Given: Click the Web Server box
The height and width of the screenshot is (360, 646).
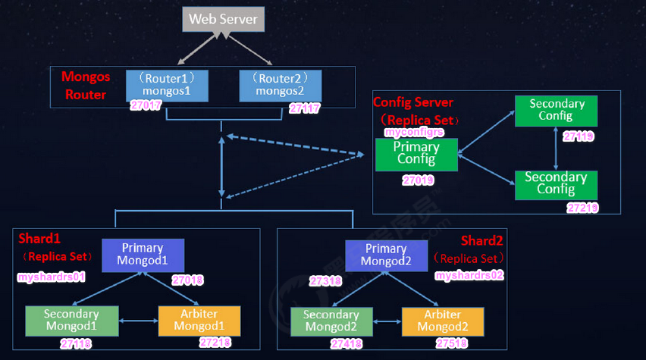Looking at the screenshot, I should pyautogui.click(x=223, y=19).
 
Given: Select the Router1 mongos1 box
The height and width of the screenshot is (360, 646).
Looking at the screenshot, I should pyautogui.click(x=160, y=85).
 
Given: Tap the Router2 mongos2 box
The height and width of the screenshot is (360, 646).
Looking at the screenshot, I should pyautogui.click(x=280, y=85).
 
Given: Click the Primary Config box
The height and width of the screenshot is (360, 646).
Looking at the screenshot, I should pyautogui.click(x=416, y=154).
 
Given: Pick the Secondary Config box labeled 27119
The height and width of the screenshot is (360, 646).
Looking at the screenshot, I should pyautogui.click(x=556, y=111).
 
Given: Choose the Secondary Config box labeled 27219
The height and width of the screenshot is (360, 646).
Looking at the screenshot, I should pyautogui.click(x=556, y=183).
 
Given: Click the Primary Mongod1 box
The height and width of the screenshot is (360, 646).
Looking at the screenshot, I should pyautogui.click(x=143, y=255).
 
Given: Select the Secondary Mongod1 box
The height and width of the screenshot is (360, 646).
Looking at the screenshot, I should pyautogui.click(x=71, y=321).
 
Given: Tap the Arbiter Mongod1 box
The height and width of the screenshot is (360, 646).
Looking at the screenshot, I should pyautogui.click(x=199, y=321).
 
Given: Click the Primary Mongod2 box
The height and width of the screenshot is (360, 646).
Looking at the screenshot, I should pyautogui.click(x=386, y=255).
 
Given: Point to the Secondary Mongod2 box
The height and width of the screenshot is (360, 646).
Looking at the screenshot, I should pyautogui.click(x=331, y=321).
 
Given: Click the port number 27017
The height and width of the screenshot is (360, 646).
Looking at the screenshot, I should pyautogui.click(x=146, y=107).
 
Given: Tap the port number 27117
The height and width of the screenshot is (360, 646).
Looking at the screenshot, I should pyautogui.click(x=304, y=108).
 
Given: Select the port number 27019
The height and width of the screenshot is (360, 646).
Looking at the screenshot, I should pyautogui.click(x=418, y=181).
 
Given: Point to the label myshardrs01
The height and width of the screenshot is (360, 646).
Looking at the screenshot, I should pyautogui.click(x=51, y=277).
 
